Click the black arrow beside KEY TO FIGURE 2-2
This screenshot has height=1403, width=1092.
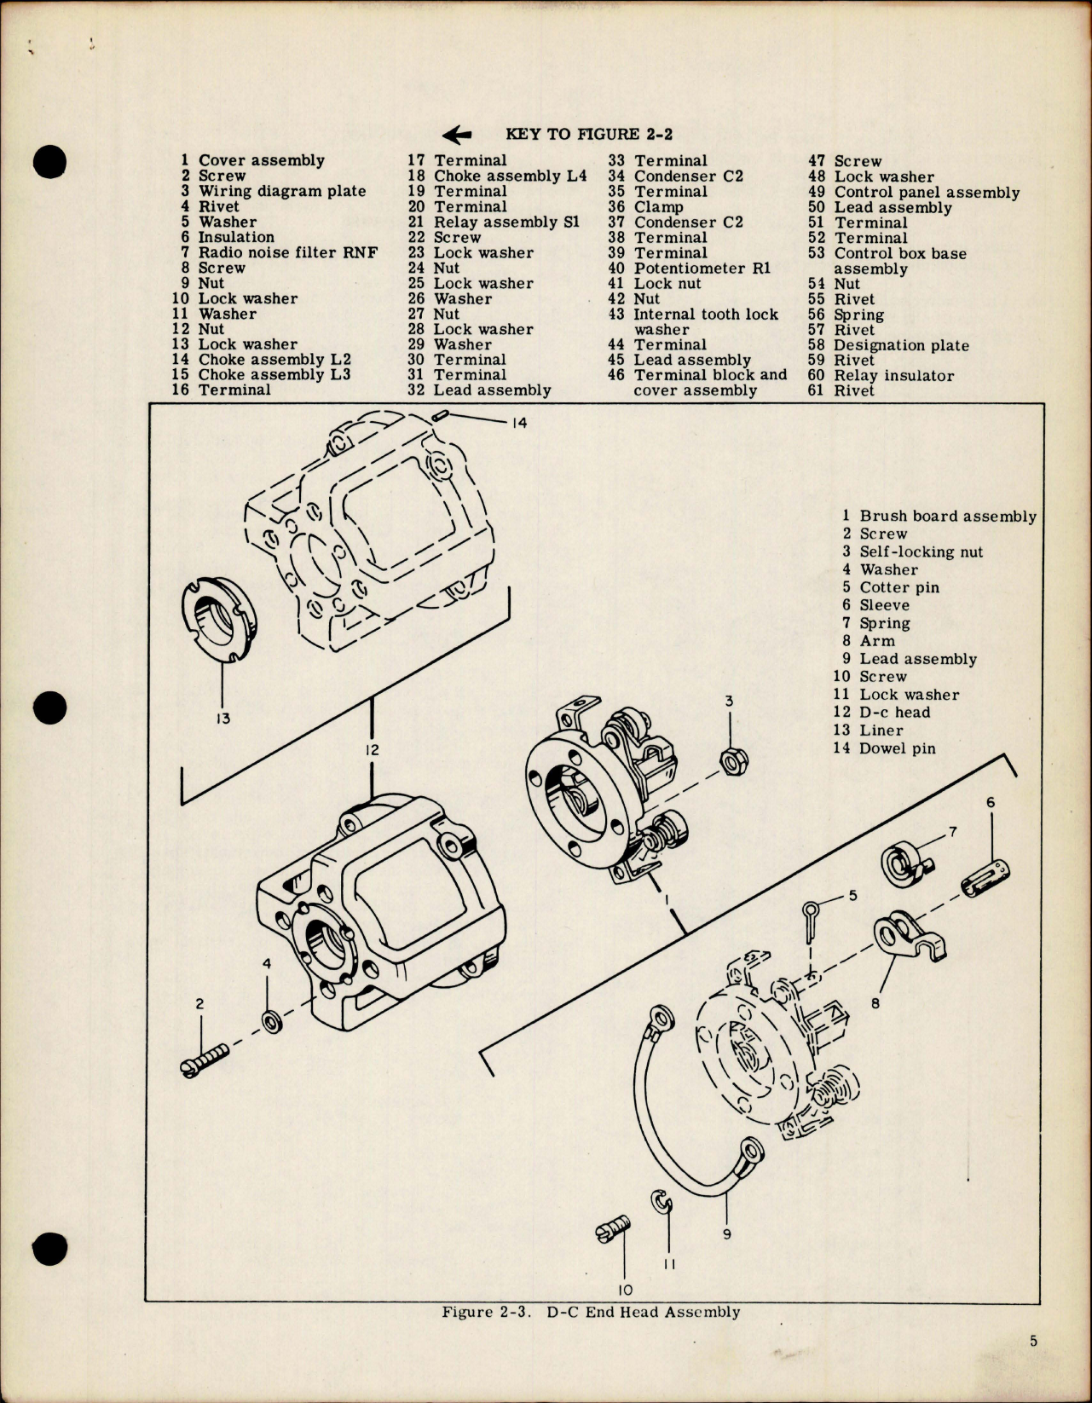(x=458, y=134)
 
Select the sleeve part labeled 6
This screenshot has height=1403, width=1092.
(x=988, y=879)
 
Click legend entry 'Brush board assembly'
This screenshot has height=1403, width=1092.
(x=947, y=516)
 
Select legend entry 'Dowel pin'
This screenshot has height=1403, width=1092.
(x=897, y=748)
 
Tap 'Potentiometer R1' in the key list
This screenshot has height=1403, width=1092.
(x=702, y=268)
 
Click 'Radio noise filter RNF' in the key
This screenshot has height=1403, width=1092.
(x=287, y=252)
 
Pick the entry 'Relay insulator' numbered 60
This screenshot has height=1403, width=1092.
(x=893, y=375)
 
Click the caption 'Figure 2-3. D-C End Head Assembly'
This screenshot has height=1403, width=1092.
(x=591, y=1312)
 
